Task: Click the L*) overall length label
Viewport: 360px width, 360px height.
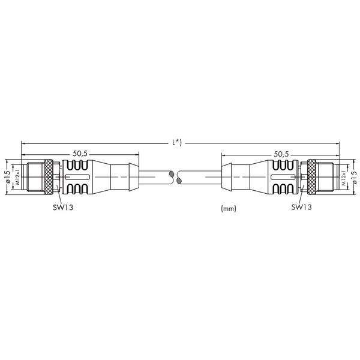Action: coord(177,143)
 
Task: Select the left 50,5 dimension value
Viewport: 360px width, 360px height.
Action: coord(80,154)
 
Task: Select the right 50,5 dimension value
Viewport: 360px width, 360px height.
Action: coord(281,154)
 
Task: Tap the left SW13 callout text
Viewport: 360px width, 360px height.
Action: coord(63,208)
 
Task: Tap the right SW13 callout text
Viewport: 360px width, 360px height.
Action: coord(301,207)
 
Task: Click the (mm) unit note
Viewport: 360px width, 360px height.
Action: coord(229,208)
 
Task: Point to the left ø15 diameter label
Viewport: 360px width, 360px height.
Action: coord(8,176)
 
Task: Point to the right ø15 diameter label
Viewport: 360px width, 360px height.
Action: coord(354,177)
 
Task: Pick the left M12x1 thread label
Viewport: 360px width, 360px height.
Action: coord(18,177)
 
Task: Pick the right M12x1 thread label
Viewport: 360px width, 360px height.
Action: coord(344,178)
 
